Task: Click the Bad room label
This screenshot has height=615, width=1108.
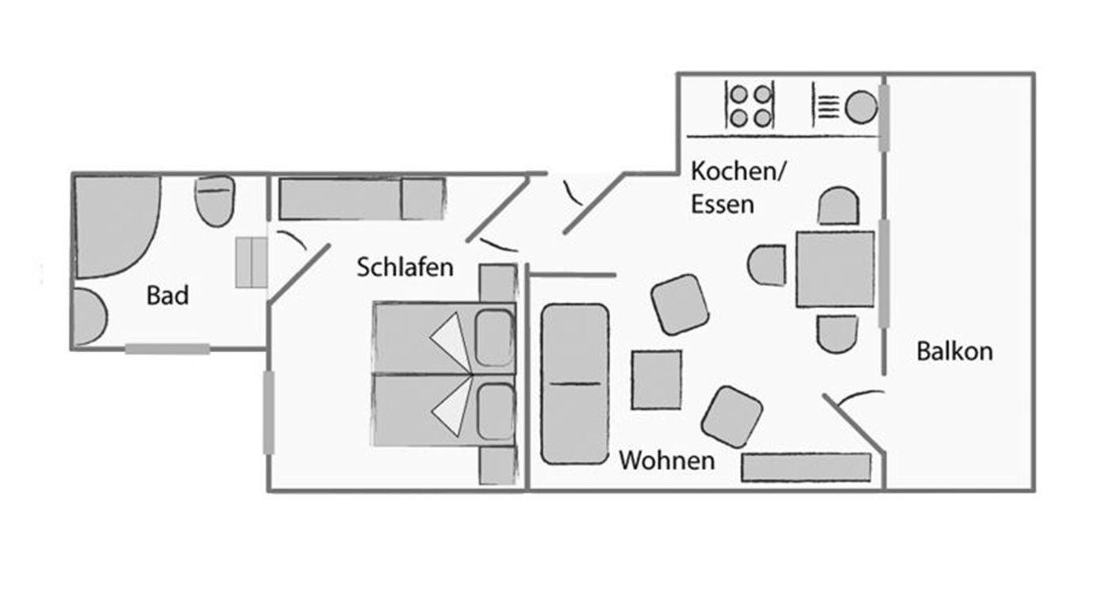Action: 168,295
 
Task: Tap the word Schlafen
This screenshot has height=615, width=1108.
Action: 404,267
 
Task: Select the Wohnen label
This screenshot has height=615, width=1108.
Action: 666,460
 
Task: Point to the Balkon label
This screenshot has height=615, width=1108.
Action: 954,351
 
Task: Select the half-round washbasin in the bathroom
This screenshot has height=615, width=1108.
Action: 89,316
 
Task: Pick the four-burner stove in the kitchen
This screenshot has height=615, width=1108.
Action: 749,106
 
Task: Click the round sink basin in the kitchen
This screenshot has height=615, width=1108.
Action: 860,107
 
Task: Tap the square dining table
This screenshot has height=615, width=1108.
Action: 835,269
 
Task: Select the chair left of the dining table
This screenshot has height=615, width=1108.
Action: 768,265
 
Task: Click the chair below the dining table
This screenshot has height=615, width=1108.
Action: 837,333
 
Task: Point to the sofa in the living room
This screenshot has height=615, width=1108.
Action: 575,384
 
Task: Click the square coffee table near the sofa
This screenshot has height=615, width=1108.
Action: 656,380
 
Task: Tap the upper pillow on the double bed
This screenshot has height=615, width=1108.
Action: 495,338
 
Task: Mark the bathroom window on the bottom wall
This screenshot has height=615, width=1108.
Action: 167,348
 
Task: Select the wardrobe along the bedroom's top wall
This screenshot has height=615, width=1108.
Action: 361,199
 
